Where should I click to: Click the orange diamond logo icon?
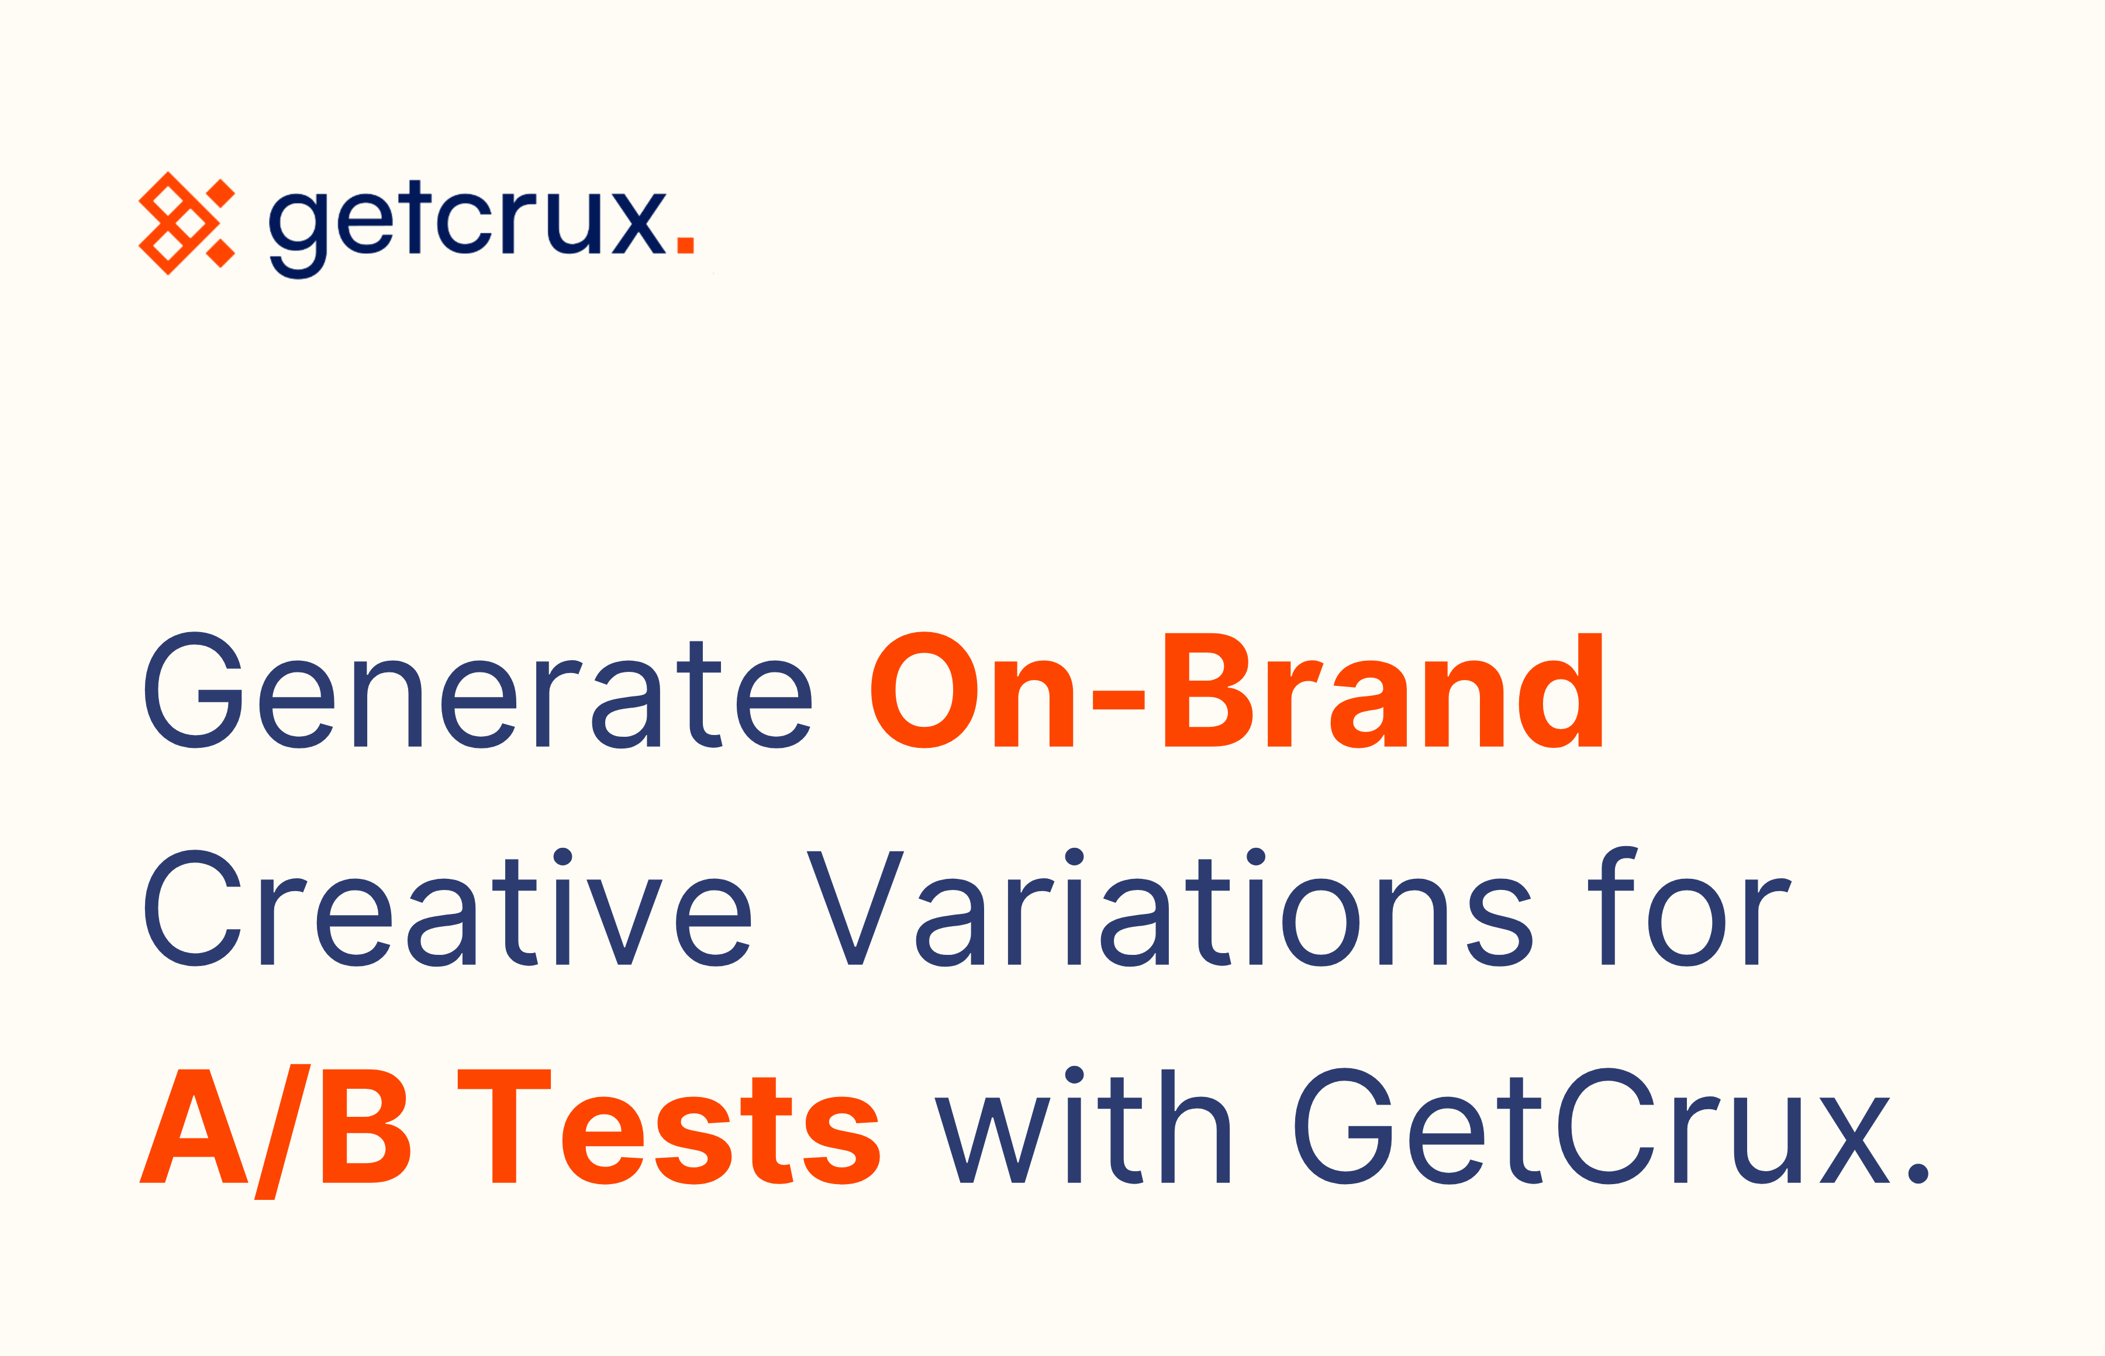(187, 223)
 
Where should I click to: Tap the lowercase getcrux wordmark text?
(467, 225)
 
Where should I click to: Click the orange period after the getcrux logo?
(685, 245)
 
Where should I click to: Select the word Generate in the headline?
(477, 691)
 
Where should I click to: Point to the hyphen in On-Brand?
(1118, 700)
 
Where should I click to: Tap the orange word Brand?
(1383, 691)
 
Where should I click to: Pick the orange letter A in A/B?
(194, 1126)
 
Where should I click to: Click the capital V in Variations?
(855, 909)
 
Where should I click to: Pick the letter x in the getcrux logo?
(639, 225)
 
